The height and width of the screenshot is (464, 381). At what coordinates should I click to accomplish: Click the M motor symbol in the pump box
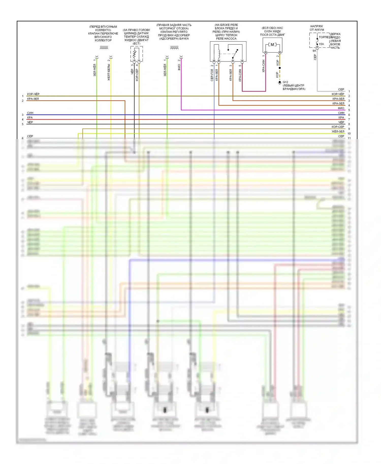tap(272, 45)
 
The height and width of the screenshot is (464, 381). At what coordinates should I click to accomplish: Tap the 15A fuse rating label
tap(321, 44)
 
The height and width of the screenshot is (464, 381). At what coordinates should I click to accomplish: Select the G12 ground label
tap(285, 82)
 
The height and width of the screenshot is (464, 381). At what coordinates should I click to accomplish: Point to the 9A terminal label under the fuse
tap(314, 51)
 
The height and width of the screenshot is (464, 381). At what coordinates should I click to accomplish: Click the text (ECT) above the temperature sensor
tap(136, 43)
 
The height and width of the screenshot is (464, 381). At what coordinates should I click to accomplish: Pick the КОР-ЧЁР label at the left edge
tap(33, 94)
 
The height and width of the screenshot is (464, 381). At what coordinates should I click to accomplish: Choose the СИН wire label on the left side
tap(30, 113)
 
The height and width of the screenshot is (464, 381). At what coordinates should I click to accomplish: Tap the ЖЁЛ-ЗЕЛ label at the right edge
tap(338, 131)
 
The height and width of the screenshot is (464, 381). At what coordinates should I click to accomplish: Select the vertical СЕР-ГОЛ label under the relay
tap(212, 75)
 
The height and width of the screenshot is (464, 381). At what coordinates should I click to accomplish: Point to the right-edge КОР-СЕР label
tap(338, 127)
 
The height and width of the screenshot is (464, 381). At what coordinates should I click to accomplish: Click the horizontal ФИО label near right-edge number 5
tap(341, 108)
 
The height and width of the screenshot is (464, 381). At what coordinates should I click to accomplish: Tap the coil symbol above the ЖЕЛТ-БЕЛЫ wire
tap(104, 48)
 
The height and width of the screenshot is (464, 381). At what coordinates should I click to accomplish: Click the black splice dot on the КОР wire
tap(280, 68)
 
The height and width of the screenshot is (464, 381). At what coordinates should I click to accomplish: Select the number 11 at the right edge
tap(349, 138)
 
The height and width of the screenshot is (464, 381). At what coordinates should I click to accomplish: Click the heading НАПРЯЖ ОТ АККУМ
tap(317, 28)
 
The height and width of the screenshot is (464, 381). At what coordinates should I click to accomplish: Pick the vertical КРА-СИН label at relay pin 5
tap(240, 75)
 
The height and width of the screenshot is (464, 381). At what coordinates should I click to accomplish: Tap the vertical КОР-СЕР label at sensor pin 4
tap(137, 75)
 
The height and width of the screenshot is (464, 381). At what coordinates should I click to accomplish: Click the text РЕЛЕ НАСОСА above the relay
tap(226, 39)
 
